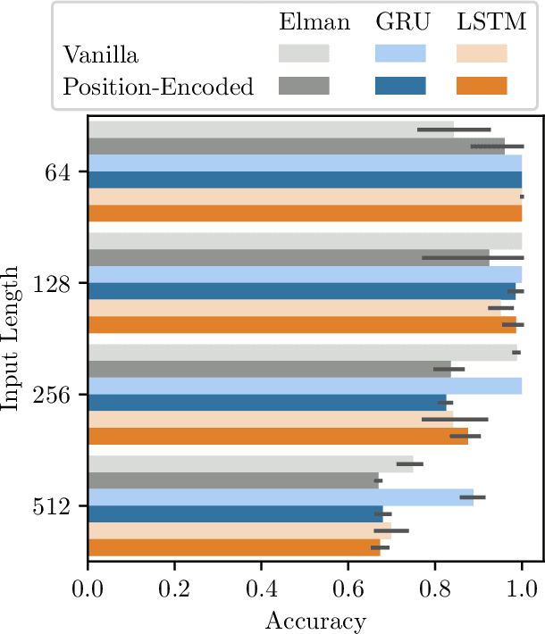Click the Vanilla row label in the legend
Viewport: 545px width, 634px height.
click(x=101, y=54)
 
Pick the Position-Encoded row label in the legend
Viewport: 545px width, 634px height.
click(x=159, y=86)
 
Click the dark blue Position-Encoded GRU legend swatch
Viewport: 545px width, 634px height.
click(x=399, y=86)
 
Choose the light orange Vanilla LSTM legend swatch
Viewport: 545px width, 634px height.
click(x=482, y=54)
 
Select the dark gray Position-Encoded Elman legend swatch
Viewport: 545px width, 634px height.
click(x=305, y=86)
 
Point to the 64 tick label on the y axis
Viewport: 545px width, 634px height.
click(x=65, y=171)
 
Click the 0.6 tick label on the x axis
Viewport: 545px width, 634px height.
click(x=348, y=590)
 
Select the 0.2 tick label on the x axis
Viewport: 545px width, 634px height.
click(x=174, y=590)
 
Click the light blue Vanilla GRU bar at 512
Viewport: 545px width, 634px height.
click(x=281, y=497)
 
